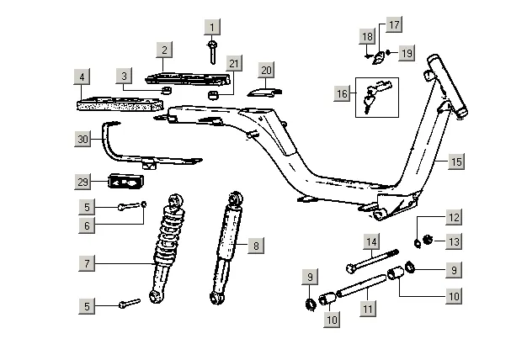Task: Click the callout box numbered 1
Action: (x=212, y=27)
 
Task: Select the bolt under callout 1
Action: (x=212, y=52)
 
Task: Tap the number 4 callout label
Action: (x=82, y=77)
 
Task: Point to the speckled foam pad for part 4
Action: (x=120, y=103)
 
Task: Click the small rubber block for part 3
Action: (x=167, y=90)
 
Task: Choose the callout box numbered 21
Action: (x=233, y=63)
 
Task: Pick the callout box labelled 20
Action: (x=266, y=70)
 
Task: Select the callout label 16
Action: (x=342, y=93)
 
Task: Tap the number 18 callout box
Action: (x=367, y=36)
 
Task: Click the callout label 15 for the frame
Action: (x=456, y=161)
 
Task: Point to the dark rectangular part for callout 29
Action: (x=126, y=182)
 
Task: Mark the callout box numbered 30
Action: (x=83, y=139)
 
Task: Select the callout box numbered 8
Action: (x=256, y=246)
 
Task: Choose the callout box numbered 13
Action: (x=454, y=241)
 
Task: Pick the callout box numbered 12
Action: (x=454, y=217)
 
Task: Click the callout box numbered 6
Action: (x=87, y=225)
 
